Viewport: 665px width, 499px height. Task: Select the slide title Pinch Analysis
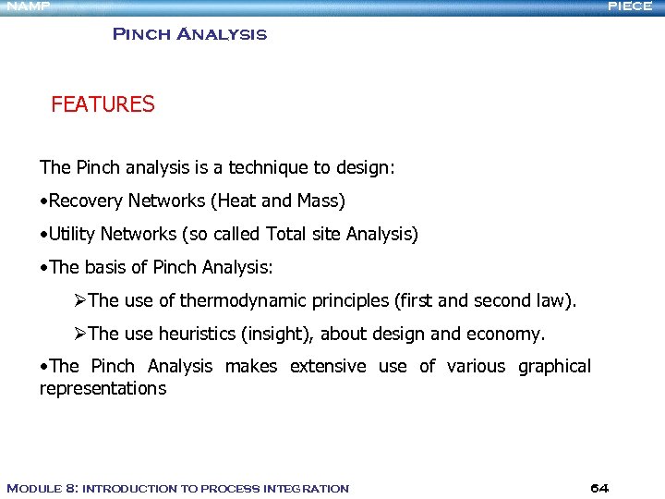tap(189, 35)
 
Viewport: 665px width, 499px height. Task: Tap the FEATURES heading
tap(103, 104)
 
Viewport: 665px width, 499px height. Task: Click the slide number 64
tap(598, 488)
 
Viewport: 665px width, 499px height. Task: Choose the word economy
tap(512, 334)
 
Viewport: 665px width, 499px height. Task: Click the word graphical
tap(554, 367)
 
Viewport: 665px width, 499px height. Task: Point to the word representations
tap(103, 389)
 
